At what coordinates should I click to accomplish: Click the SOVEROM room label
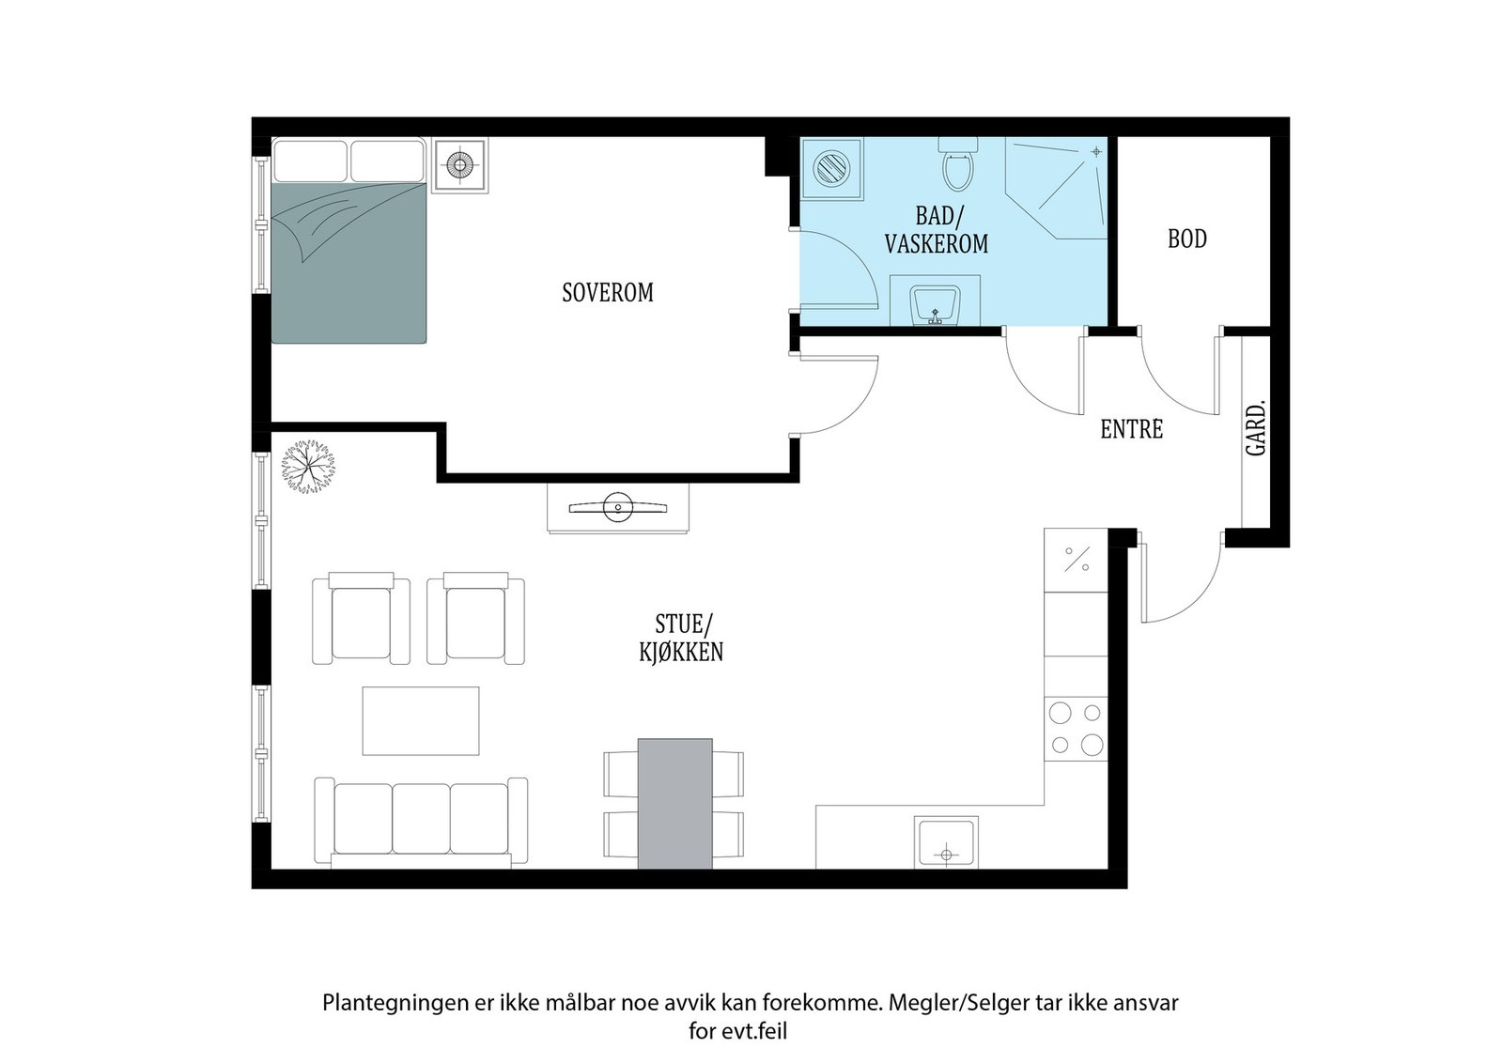tap(607, 293)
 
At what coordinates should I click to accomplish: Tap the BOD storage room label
tap(1187, 239)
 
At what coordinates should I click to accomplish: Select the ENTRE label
tap(1131, 429)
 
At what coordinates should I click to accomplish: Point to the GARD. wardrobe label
tap(1255, 428)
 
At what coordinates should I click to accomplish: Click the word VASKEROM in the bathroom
tap(936, 244)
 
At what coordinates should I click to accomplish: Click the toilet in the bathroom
tap(958, 163)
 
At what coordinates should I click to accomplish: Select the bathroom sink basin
tap(935, 304)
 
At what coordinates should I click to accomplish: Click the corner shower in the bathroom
tap(1056, 188)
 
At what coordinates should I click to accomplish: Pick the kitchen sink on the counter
tap(946, 842)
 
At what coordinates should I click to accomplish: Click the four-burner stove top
tap(1076, 729)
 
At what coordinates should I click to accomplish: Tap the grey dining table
tap(674, 804)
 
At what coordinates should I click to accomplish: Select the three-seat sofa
tap(421, 821)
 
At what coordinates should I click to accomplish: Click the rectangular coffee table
tap(421, 721)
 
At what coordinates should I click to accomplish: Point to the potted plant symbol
tap(308, 467)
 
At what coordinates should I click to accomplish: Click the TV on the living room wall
tap(618, 508)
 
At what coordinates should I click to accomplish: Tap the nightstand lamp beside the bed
tap(459, 165)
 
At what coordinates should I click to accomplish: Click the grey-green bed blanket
tap(349, 262)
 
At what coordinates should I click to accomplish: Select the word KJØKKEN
tap(681, 653)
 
